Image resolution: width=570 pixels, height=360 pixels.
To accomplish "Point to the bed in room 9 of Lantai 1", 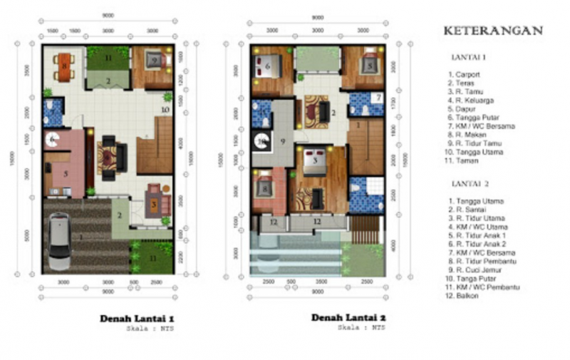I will pos(155,61).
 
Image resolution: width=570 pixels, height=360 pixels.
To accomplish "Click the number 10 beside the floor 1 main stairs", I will pos(164,110).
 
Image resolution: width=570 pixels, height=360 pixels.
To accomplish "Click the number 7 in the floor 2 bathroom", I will pos(378,97).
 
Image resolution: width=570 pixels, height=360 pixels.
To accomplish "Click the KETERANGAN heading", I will pos(493,31).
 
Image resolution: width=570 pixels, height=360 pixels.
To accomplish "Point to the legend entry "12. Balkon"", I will pos(464,295).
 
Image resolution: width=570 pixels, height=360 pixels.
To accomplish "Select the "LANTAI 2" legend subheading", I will pos(470,184).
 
